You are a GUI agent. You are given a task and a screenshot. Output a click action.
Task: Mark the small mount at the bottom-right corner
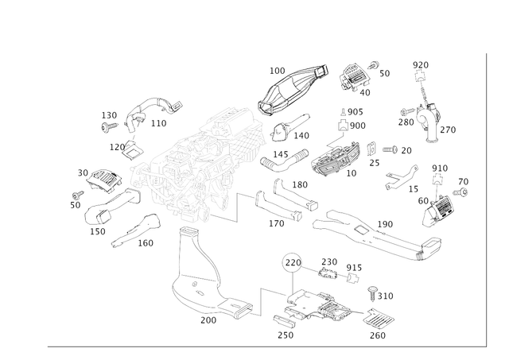point(378,322)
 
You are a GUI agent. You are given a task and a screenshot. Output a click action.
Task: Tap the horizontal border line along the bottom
point(262,346)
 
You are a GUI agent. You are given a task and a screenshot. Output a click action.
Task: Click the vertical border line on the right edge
point(484,199)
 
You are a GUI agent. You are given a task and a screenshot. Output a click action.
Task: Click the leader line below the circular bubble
point(292,280)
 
